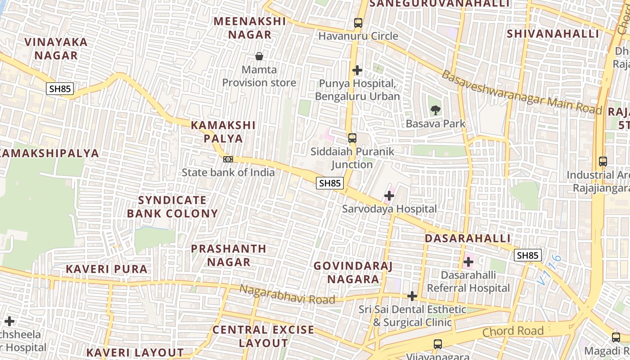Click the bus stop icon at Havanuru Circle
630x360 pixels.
pos(358,22)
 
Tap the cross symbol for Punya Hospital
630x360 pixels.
pos(357,70)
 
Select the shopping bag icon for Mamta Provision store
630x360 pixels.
pos(259,56)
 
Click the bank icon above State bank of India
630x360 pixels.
pos(228,159)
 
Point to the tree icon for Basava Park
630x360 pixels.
pos(435,110)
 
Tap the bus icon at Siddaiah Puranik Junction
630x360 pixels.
pos(352,138)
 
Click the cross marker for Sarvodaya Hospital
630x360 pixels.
pos(389,196)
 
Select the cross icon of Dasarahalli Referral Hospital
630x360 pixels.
pos(468,261)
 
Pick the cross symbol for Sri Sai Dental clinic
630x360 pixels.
pos(412,296)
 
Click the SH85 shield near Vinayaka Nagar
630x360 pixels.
pos(60,89)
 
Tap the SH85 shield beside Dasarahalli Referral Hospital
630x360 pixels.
pos(527,256)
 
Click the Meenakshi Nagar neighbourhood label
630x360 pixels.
pos(249,28)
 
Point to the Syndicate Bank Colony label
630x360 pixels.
pos(172,207)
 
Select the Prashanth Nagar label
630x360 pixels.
pos(229,255)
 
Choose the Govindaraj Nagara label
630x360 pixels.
pos(353,272)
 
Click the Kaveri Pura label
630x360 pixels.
pos(107,269)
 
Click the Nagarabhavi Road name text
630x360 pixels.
pos(287,294)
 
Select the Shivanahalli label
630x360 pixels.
pos(553,34)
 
